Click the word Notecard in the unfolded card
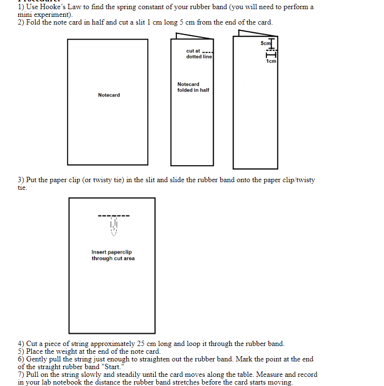pos(109,95)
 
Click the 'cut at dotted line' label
pos(198,53)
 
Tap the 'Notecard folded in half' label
pos(193,87)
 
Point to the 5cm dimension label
pos(265,43)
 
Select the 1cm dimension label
pos(271,61)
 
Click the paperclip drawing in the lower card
pos(114,226)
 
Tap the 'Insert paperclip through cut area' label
pos(113,255)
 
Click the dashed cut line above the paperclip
pos(114,215)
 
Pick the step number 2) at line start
pos(21,23)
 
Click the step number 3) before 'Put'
pos(21,180)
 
